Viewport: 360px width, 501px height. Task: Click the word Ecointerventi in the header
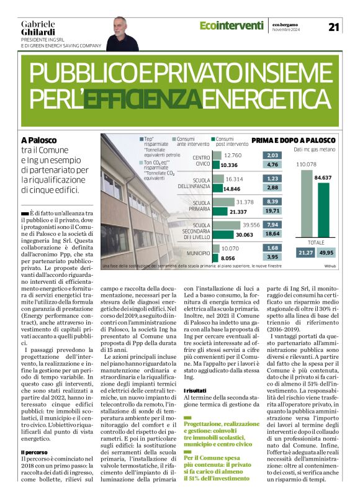coord(232,25)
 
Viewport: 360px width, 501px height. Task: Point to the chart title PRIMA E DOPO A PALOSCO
coord(294,140)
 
